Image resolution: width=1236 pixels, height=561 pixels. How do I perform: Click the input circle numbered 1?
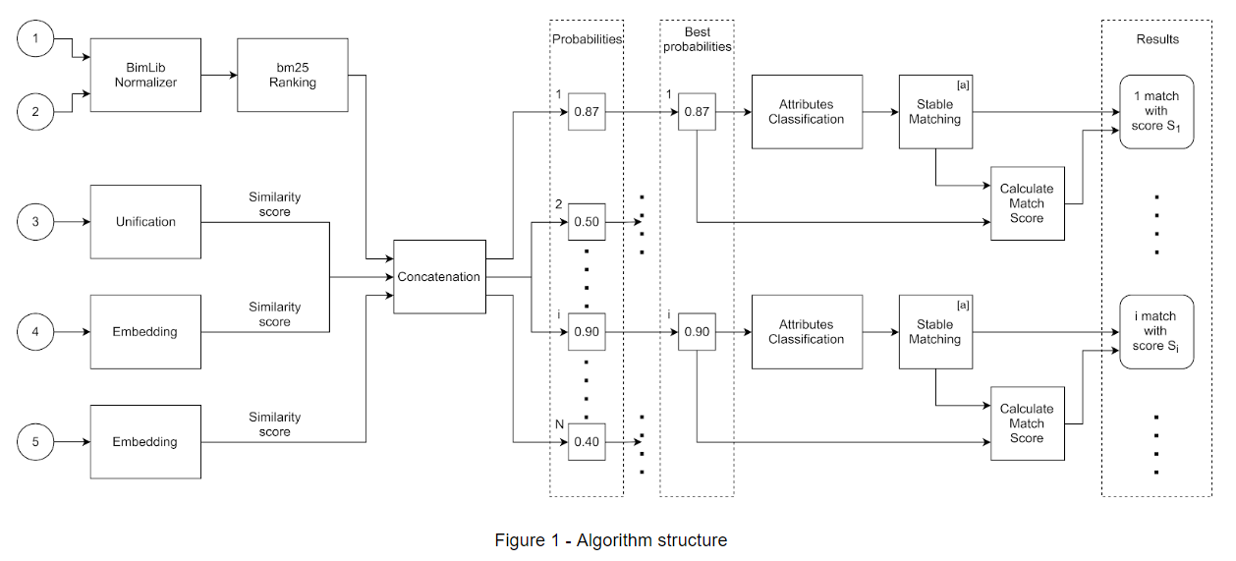pyautogui.click(x=36, y=38)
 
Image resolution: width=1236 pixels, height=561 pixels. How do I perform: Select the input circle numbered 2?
pyautogui.click(x=36, y=112)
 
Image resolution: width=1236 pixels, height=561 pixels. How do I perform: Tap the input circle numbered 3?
pyautogui.click(x=36, y=222)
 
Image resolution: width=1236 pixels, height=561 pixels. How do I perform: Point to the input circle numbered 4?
pyautogui.click(x=36, y=332)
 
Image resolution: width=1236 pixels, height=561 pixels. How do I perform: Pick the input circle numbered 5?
pyautogui.click(x=36, y=442)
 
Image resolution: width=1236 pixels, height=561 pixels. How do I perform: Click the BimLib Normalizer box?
pyautogui.click(x=145, y=76)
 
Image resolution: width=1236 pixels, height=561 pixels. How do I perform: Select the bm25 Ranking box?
pyautogui.click(x=293, y=76)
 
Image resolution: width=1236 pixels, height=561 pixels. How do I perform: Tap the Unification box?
pyautogui.click(x=145, y=222)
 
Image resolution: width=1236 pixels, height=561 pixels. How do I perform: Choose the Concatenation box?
pyautogui.click(x=439, y=277)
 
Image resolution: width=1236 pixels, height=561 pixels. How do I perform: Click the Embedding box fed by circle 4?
pyautogui.click(x=145, y=332)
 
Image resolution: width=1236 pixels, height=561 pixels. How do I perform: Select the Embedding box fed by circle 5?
pyautogui.click(x=145, y=442)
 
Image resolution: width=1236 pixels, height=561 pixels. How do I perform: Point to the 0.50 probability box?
pyautogui.click(x=587, y=222)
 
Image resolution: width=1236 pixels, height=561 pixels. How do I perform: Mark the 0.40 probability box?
pyautogui.click(x=587, y=442)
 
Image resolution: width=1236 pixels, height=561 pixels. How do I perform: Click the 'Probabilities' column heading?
pyautogui.click(x=587, y=39)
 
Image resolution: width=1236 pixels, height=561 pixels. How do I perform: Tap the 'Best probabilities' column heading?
pyautogui.click(x=697, y=39)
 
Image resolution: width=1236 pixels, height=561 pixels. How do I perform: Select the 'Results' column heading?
pyautogui.click(x=1156, y=39)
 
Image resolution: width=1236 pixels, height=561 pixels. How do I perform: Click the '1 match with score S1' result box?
pyautogui.click(x=1156, y=112)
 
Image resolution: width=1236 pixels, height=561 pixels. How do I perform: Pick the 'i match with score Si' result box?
pyautogui.click(x=1156, y=332)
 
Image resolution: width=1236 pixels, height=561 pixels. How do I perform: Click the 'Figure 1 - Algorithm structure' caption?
pyautogui.click(x=610, y=540)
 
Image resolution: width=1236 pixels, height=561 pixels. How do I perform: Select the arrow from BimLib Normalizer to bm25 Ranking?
pyautogui.click(x=219, y=76)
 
